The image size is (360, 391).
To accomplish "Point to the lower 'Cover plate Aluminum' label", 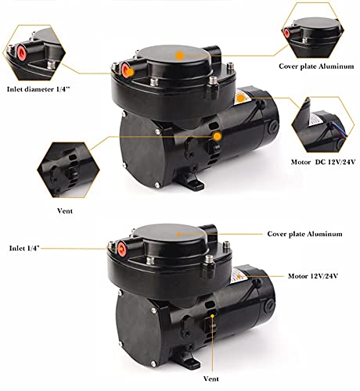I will click(304, 233).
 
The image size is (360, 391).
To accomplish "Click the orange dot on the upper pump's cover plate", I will click(180, 55).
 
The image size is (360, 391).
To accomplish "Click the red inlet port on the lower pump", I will click(123, 249).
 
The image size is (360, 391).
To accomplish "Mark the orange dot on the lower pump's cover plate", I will click(179, 234).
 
